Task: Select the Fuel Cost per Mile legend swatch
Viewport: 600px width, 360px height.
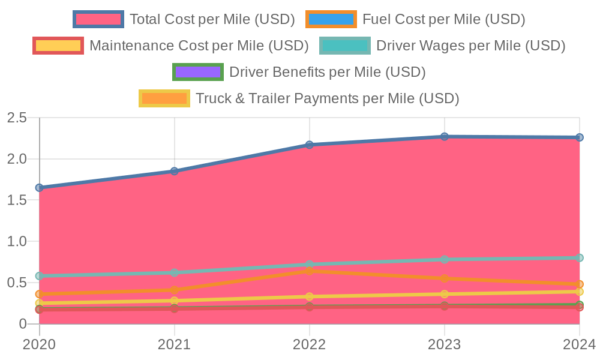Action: pyautogui.click(x=331, y=19)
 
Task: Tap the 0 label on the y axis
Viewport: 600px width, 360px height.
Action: pyautogui.click(x=23, y=324)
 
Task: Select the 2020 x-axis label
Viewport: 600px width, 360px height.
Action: pyautogui.click(x=40, y=344)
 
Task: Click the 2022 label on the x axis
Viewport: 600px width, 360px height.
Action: pyautogui.click(x=310, y=344)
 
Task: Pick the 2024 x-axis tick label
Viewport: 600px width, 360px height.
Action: pyautogui.click(x=578, y=344)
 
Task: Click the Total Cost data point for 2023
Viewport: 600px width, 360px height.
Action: pyautogui.click(x=445, y=137)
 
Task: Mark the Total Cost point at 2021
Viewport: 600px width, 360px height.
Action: pyautogui.click(x=175, y=171)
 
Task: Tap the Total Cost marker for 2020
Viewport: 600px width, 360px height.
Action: pyautogui.click(x=40, y=188)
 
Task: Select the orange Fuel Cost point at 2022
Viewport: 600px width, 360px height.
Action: pyautogui.click(x=310, y=271)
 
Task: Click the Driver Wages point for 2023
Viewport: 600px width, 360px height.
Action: pyautogui.click(x=445, y=259)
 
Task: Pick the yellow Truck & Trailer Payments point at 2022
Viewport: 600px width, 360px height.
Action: pyautogui.click(x=310, y=296)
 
